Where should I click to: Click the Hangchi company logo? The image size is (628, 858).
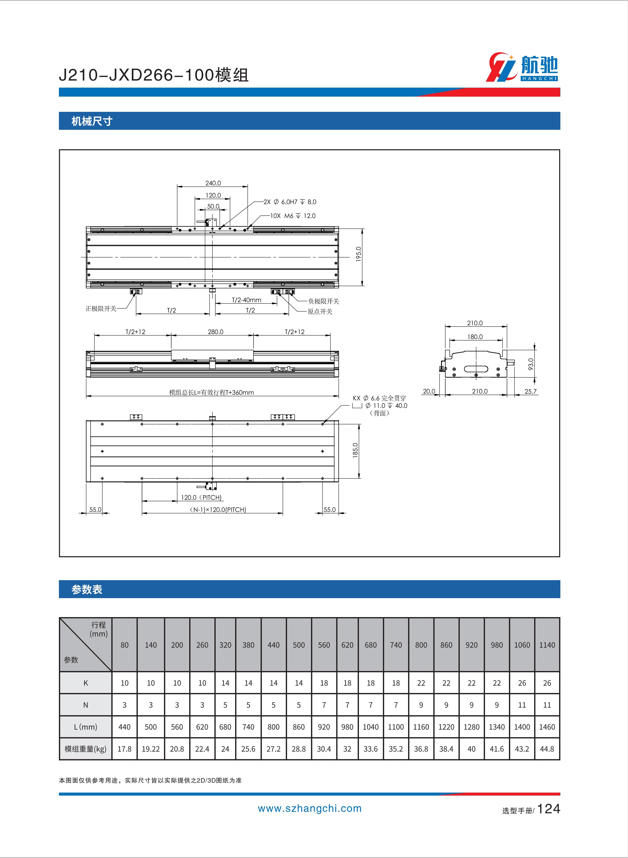[522, 68]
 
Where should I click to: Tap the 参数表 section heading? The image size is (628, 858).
[87, 589]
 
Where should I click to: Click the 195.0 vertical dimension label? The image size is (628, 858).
[358, 254]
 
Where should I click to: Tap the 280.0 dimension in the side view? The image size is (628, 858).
[216, 332]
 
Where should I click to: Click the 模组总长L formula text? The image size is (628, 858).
[211, 392]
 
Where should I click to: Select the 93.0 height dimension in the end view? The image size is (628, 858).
[531, 364]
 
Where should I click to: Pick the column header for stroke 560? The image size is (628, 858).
[324, 645]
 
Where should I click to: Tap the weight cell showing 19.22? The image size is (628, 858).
[151, 749]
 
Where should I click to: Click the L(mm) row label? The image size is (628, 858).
[86, 727]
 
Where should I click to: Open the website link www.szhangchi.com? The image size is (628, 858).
[310, 809]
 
